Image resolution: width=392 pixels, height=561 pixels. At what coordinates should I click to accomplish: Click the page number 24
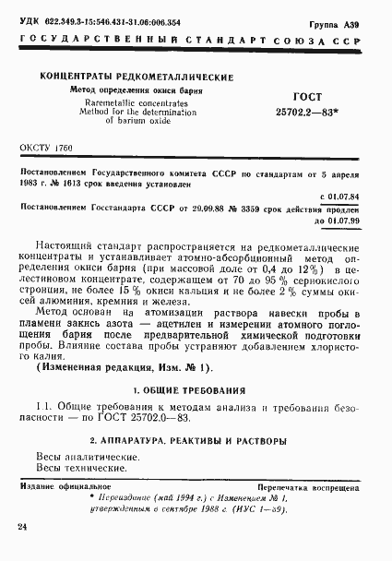pyautogui.click(x=21, y=525)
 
